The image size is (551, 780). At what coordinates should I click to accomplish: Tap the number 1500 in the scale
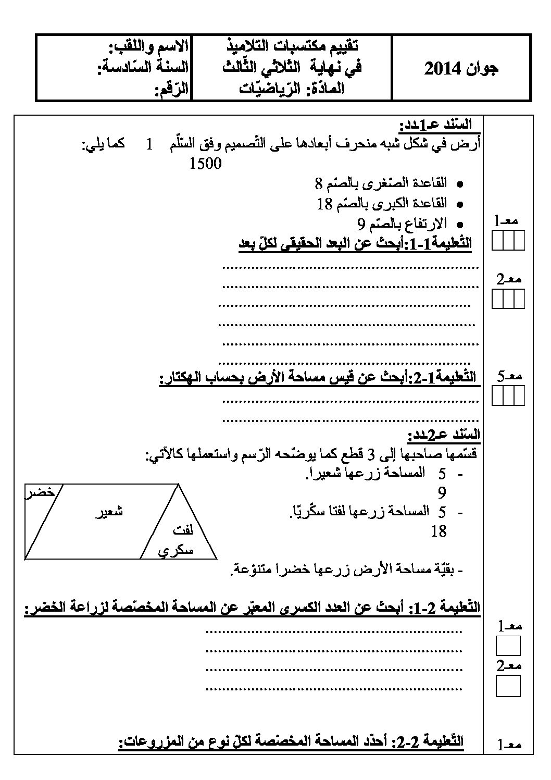tap(206, 164)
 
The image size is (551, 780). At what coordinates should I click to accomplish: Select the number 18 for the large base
tap(324, 204)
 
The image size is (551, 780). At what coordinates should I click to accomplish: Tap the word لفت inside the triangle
tap(182, 531)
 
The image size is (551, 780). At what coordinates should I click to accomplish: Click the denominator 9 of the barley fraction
tap(442, 492)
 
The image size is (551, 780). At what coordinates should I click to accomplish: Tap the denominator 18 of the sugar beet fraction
tap(439, 531)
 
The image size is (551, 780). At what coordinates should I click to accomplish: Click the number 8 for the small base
tap(319, 183)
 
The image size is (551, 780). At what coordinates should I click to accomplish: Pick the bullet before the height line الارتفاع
tap(459, 225)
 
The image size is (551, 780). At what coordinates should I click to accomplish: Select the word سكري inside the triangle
tap(176, 550)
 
